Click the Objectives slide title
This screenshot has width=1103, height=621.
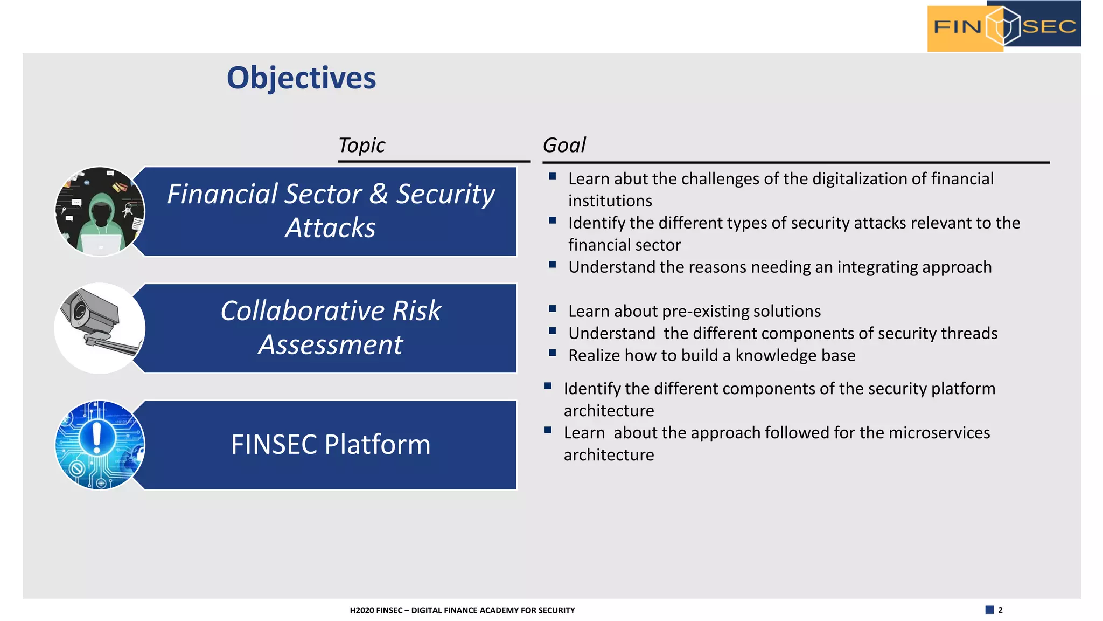(301, 78)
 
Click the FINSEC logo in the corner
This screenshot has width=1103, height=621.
(1003, 26)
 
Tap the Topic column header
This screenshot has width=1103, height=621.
(361, 146)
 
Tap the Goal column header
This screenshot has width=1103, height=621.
(563, 146)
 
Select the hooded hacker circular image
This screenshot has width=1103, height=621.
(100, 211)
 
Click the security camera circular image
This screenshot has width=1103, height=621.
(100, 328)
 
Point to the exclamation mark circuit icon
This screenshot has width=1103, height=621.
(100, 445)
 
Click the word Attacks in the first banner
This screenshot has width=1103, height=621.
(330, 228)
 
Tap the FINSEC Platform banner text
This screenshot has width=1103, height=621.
(330, 445)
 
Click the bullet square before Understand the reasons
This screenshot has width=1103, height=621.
(552, 265)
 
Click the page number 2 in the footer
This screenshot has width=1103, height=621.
(1000, 610)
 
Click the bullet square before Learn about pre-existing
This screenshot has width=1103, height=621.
(552, 309)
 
